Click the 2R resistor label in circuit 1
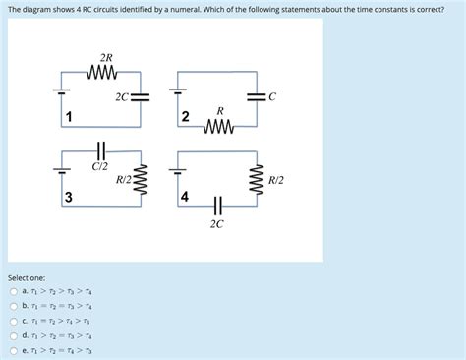(x=105, y=58)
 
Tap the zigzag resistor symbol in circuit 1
(x=104, y=72)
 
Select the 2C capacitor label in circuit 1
(x=120, y=97)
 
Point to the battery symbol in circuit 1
(x=61, y=94)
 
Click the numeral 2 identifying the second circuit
(x=185, y=118)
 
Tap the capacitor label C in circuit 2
(x=272, y=96)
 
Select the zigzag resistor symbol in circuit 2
(x=219, y=126)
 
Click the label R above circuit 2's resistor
(x=220, y=110)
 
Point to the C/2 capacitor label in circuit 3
(x=100, y=166)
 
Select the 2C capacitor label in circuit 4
(x=216, y=224)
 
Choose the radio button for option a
(x=13, y=292)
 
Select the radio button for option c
(x=13, y=320)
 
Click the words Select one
(x=27, y=277)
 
